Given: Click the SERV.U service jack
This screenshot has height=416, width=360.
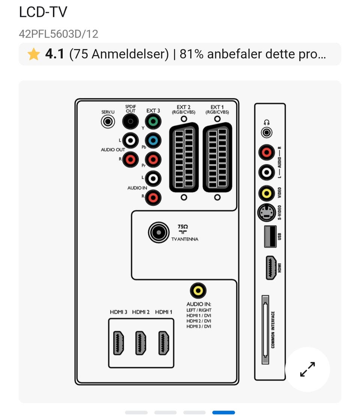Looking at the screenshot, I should tap(108, 122).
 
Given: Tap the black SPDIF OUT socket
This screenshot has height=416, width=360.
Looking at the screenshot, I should tap(130, 122).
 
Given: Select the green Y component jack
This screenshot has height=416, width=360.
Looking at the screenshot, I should tap(153, 122).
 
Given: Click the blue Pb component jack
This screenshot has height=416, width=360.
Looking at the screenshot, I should tap(153, 141).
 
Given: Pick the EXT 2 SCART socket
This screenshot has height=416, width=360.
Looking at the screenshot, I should tap(184, 158).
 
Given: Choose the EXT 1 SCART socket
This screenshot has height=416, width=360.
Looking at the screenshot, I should tap(217, 158).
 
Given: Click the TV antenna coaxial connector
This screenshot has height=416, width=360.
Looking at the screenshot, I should tap(159, 233).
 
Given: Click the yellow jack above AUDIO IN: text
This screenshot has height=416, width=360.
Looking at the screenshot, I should tap(198, 291).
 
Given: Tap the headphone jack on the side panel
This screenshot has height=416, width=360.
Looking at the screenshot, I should tap(267, 133).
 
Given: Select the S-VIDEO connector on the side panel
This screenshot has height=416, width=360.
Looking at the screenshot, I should tap(267, 213).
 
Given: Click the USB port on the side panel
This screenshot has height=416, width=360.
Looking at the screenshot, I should tap(270, 237).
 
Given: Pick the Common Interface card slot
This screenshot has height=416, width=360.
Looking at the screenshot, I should tap(265, 330).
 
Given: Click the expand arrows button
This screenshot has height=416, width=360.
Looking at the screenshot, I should tap(307, 369).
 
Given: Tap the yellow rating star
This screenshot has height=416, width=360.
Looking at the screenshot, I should tap(33, 54).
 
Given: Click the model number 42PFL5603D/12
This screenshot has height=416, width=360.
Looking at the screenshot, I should tap(58, 34).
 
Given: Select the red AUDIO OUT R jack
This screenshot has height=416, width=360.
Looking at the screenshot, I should tap(130, 160).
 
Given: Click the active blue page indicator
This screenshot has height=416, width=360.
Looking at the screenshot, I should tap(223, 412).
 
